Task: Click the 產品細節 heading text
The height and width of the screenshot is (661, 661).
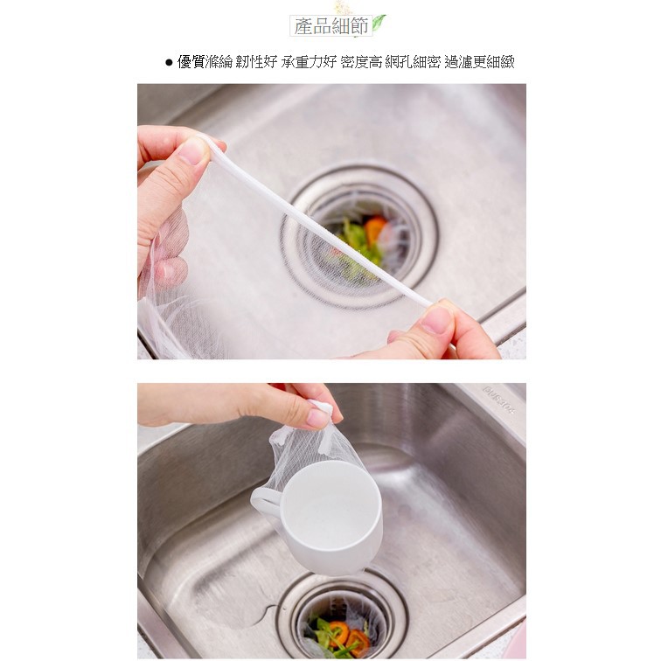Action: point(331,26)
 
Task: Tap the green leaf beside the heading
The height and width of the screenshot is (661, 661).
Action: point(379,23)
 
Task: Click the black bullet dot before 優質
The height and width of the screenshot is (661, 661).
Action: point(169,63)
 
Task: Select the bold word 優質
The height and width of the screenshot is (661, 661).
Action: point(191,62)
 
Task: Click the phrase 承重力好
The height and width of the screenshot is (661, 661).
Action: point(309,62)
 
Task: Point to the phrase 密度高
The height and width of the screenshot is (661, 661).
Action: point(361,62)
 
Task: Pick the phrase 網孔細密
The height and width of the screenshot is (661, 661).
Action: point(413,62)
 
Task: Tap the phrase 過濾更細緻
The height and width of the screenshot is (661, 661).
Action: point(479,62)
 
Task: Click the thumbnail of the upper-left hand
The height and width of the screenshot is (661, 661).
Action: point(191,151)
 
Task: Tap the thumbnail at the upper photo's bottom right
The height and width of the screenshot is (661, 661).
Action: point(436,319)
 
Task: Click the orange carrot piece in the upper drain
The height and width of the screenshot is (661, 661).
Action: point(375,230)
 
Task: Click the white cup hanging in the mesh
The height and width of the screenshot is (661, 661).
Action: point(324,518)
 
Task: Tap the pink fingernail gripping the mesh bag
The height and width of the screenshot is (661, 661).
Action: point(318,418)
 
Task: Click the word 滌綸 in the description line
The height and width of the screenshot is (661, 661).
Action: point(219,62)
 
